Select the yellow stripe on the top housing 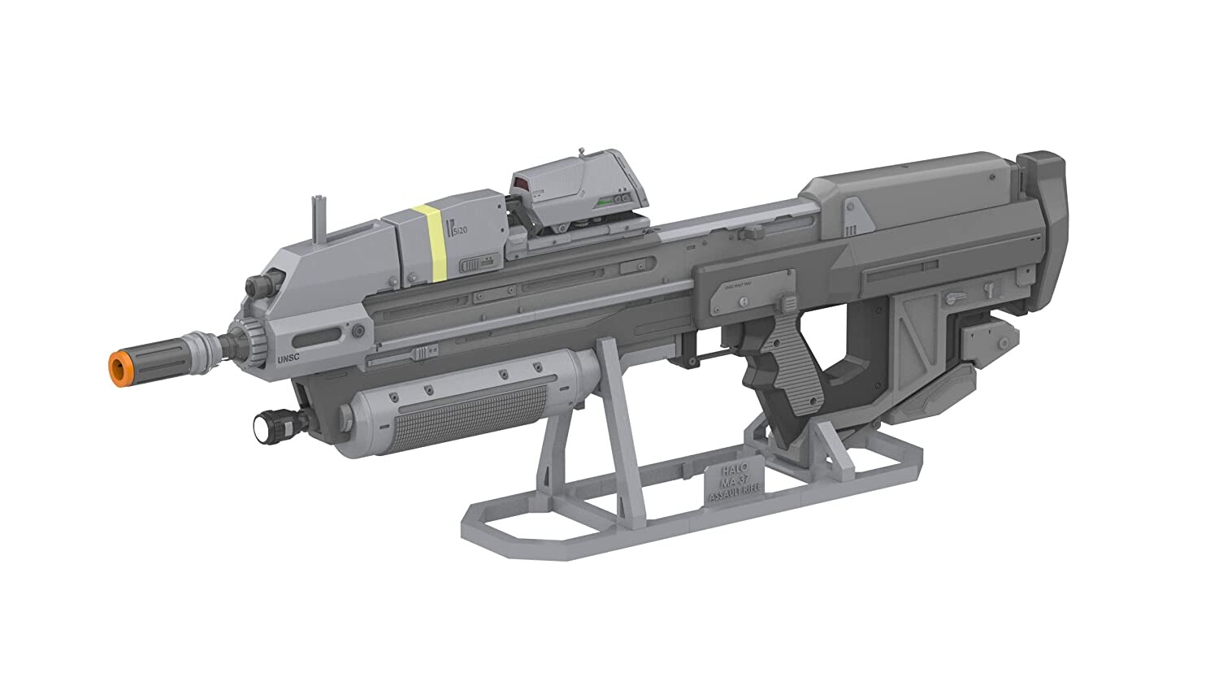click(428, 242)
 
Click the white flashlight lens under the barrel click(264, 423)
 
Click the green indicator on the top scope click(604, 200)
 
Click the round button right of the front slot click(358, 331)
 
